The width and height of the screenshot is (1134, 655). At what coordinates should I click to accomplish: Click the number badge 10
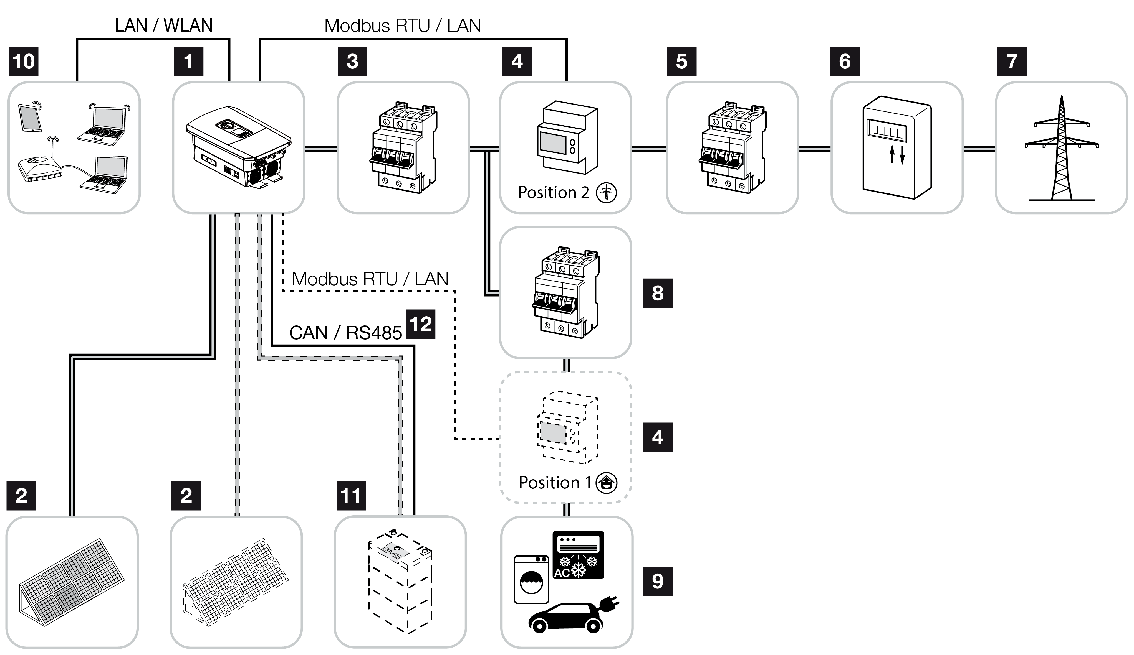pyautogui.click(x=23, y=61)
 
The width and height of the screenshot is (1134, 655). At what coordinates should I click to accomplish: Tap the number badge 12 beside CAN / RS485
pyautogui.click(x=420, y=324)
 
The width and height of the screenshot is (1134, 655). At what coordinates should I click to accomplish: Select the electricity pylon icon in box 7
pyautogui.click(x=1061, y=148)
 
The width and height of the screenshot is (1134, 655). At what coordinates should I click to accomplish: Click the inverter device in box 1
pyautogui.click(x=239, y=146)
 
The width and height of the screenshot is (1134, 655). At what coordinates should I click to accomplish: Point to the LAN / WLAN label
pyautogui.click(x=163, y=26)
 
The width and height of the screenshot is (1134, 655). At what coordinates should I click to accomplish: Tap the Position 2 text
pyautogui.click(x=554, y=192)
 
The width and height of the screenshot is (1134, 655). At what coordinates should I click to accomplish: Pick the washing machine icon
pyautogui.click(x=531, y=580)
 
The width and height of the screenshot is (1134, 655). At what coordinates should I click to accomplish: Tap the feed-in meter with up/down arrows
pyautogui.click(x=897, y=147)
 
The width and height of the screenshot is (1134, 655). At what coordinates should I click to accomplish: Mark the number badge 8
pyautogui.click(x=657, y=293)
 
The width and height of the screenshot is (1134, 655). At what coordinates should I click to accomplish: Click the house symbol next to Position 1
pyautogui.click(x=606, y=483)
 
